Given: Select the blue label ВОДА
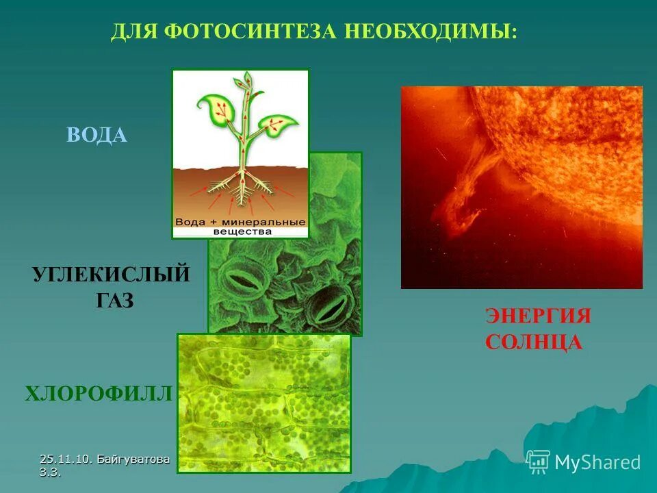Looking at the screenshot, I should click(x=97, y=135).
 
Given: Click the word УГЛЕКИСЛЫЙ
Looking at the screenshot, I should click(x=111, y=275).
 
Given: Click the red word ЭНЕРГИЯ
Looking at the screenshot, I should click(x=538, y=316).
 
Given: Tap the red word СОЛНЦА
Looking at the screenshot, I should click(x=534, y=342).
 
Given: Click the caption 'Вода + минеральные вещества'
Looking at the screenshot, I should click(x=240, y=227).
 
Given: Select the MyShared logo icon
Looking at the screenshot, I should click(x=538, y=462).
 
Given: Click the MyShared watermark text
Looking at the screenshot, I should click(x=597, y=462).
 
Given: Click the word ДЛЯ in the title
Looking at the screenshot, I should click(x=130, y=31).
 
